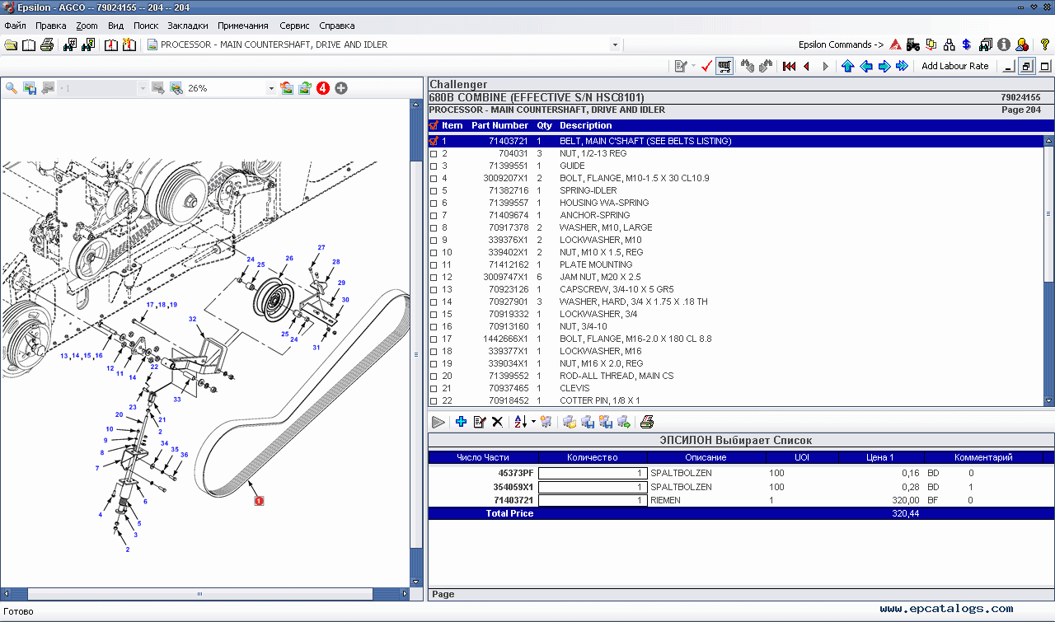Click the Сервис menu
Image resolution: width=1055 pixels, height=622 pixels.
[294, 26]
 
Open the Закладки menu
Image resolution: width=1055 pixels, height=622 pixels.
[188, 26]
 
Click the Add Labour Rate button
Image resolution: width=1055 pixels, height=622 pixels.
[954, 66]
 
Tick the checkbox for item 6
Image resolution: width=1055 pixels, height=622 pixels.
[434, 203]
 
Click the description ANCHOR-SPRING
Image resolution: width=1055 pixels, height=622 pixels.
[594, 215]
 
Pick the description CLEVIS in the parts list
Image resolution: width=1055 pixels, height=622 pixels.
[574, 388]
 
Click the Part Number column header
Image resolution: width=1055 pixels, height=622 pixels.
[499, 125]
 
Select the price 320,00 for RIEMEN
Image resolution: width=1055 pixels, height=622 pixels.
[905, 500]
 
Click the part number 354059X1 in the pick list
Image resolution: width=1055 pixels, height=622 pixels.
[513, 487]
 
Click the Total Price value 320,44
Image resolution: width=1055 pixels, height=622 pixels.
[905, 513]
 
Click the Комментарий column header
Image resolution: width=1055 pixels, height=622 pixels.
[982, 457]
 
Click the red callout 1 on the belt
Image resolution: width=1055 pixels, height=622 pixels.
[259, 500]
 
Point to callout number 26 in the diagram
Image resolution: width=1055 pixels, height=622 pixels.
[289, 259]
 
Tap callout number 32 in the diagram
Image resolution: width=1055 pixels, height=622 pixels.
[192, 319]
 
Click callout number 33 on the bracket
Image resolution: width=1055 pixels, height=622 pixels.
[176, 400]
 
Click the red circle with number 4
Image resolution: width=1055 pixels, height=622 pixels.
[323, 88]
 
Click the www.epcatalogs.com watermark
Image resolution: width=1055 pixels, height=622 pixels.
[946, 609]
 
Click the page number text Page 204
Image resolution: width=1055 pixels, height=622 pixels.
[1020, 110]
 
